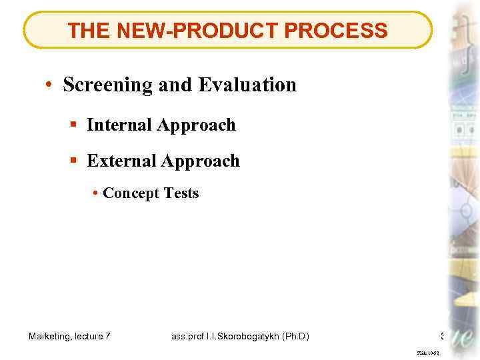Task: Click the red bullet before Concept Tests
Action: point(97,193)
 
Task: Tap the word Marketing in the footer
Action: point(50,337)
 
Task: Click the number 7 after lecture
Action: point(108,337)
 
